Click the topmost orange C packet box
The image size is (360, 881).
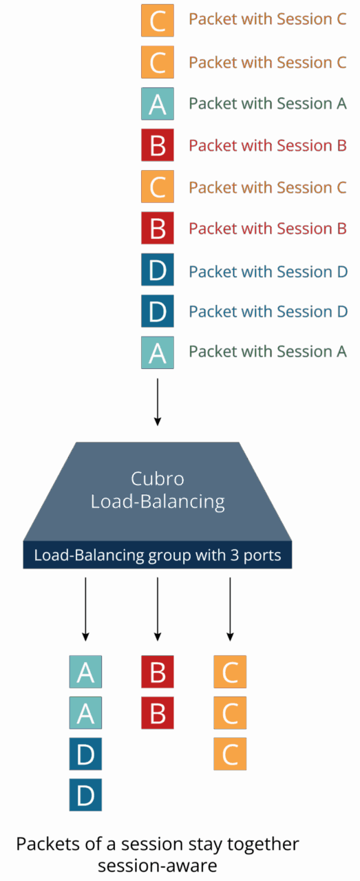click(x=157, y=20)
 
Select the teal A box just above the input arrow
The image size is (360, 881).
click(x=157, y=352)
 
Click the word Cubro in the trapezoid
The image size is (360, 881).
click(x=158, y=479)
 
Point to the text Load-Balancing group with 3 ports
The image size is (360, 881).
click(x=158, y=555)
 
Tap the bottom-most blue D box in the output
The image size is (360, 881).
click(x=85, y=795)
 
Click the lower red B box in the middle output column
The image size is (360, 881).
click(x=158, y=713)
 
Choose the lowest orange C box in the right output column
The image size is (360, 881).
click(x=230, y=754)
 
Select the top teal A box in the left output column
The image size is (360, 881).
click(x=85, y=672)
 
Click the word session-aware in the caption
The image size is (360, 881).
click(x=157, y=865)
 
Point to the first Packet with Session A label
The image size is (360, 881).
click(x=267, y=104)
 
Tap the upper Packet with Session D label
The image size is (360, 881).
click(x=268, y=271)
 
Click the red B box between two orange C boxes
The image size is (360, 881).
click(x=157, y=145)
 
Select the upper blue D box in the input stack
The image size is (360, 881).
click(x=157, y=270)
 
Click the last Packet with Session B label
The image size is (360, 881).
click(x=267, y=229)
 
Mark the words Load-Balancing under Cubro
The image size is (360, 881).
click(x=158, y=501)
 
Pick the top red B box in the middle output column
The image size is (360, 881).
click(x=158, y=672)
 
